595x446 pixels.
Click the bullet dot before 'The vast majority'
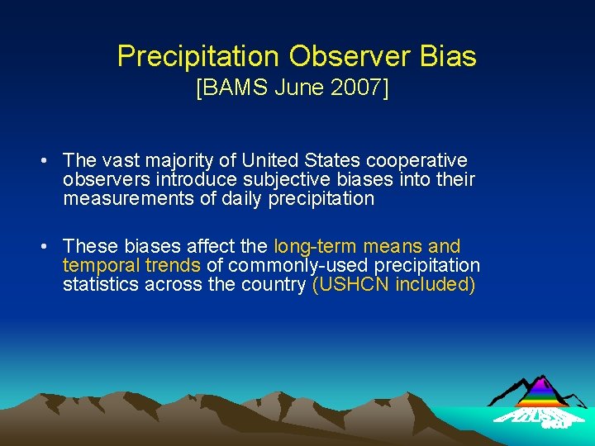tap(51, 160)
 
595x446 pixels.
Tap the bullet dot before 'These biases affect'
tap(51, 247)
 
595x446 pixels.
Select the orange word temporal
tap(98, 265)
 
